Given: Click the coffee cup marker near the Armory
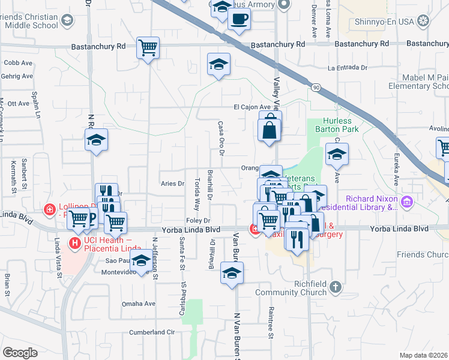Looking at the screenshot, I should pos(239,19).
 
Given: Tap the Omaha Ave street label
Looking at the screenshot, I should pos(139,304).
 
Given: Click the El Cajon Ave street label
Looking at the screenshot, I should pos(252,107).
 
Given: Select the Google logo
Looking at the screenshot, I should pos(20,352).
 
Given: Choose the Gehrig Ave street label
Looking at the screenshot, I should pos(18,76).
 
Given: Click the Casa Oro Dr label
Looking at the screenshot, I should pos(221,137).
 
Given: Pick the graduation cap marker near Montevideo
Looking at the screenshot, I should pos(141,262).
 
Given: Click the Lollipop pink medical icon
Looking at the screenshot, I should pos(50,210).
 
